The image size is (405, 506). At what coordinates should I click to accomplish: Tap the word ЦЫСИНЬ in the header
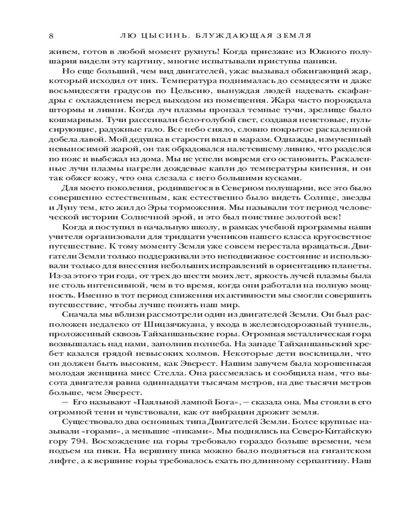point(163,35)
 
